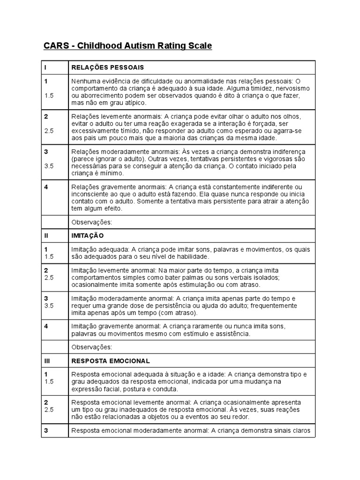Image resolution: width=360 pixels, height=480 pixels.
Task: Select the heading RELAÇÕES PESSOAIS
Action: (x=107, y=67)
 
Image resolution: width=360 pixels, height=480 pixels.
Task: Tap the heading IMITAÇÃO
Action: (x=88, y=235)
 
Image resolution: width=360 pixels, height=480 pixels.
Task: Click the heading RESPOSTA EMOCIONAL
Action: (x=110, y=361)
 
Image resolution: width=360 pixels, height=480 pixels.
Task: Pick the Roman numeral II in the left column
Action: (x=46, y=235)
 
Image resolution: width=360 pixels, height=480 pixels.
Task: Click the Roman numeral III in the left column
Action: (x=47, y=361)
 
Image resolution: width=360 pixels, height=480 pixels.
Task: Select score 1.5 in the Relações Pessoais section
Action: (x=49, y=95)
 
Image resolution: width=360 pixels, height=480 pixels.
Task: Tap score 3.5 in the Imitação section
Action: (x=49, y=306)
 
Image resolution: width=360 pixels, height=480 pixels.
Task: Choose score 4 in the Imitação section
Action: (x=46, y=325)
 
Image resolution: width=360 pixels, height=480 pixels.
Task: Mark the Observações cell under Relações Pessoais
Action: (x=91, y=221)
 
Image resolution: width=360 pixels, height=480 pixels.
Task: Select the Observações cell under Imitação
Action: (x=91, y=347)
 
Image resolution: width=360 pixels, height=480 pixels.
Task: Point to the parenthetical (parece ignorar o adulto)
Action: (x=107, y=159)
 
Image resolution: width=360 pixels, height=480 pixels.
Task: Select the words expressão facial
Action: (x=92, y=389)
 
